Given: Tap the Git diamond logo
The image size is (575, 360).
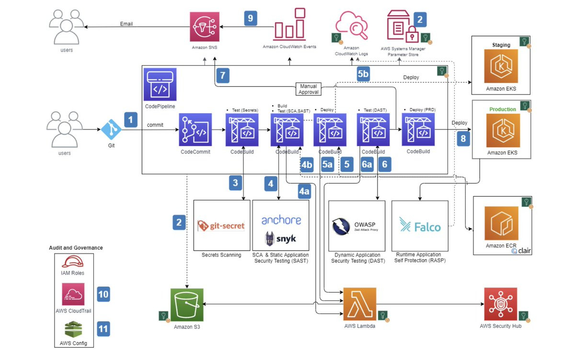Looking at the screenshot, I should [x=112, y=129].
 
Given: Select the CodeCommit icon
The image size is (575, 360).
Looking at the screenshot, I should [x=195, y=129].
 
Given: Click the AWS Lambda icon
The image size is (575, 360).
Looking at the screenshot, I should [x=359, y=303].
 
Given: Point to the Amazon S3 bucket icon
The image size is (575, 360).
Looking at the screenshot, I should [x=187, y=304].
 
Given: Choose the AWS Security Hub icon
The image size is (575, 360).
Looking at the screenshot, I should [x=500, y=303].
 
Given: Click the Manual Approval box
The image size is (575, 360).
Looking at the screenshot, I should [x=309, y=89].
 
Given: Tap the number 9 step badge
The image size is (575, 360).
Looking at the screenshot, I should [x=250, y=18].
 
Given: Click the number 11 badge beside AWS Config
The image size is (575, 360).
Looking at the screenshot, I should [x=103, y=328].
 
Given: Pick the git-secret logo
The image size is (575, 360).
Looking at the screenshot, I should [x=221, y=225].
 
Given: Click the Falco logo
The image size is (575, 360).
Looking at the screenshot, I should [x=420, y=225].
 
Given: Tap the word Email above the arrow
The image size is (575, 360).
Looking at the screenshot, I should [x=126, y=24].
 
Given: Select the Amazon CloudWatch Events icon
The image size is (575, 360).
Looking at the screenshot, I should [x=289, y=24].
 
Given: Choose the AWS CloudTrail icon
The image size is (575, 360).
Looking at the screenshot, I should [x=73, y=294].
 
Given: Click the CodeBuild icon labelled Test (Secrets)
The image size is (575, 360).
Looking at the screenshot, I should [x=242, y=129].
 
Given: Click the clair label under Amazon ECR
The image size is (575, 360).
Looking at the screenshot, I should [x=521, y=250].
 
